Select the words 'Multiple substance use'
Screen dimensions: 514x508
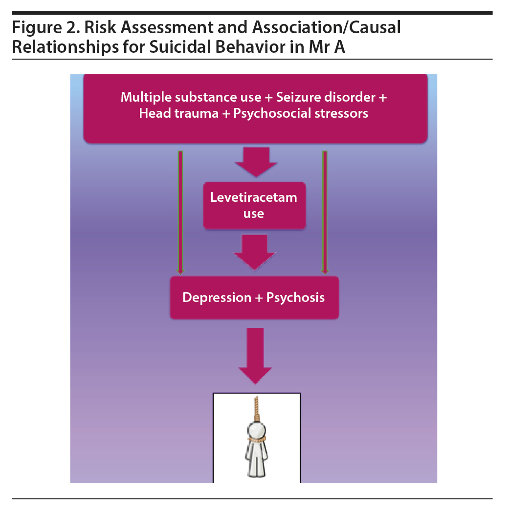pyautogui.click(x=191, y=97)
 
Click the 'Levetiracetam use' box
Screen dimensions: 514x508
pyautogui.click(x=254, y=206)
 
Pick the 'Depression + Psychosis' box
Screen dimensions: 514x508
pyautogui.click(x=254, y=298)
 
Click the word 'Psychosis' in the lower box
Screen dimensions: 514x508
pyautogui.click(x=295, y=298)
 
